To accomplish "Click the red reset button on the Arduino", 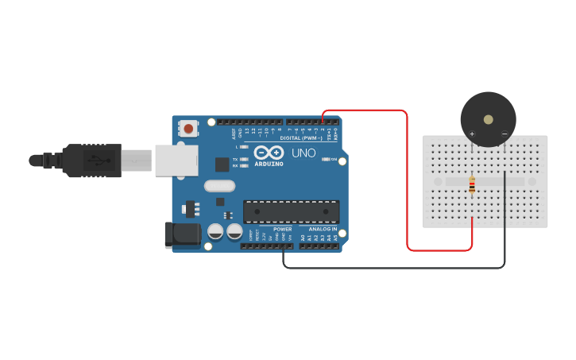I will (188, 128).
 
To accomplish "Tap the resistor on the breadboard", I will (473, 185).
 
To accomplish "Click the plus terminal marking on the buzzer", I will (472, 134).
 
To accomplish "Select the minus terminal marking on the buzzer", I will (504, 134).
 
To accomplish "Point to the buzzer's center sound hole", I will (488, 120).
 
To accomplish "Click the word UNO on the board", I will (303, 153).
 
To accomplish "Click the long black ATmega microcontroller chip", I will (291, 212).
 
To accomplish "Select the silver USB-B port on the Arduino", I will (176, 160).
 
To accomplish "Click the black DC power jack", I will (181, 234).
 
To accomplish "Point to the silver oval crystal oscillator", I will (220, 186).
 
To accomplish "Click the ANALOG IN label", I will (323, 229).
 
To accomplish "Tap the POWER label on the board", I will (283, 229).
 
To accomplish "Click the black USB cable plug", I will (91, 160).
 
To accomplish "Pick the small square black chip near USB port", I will (222, 164).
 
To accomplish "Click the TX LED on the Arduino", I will (244, 160).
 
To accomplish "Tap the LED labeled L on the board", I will (244, 147).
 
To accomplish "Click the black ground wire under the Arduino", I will (397, 268).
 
